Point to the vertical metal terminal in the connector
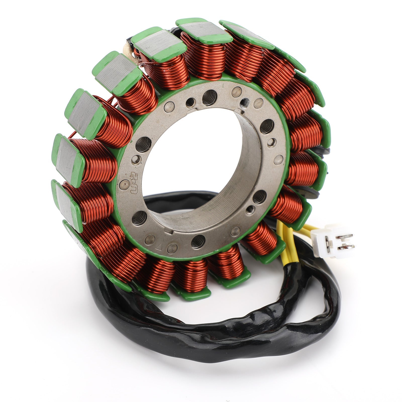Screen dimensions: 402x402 point(328,242)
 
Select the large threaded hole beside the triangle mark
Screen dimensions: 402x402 point(198,241)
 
